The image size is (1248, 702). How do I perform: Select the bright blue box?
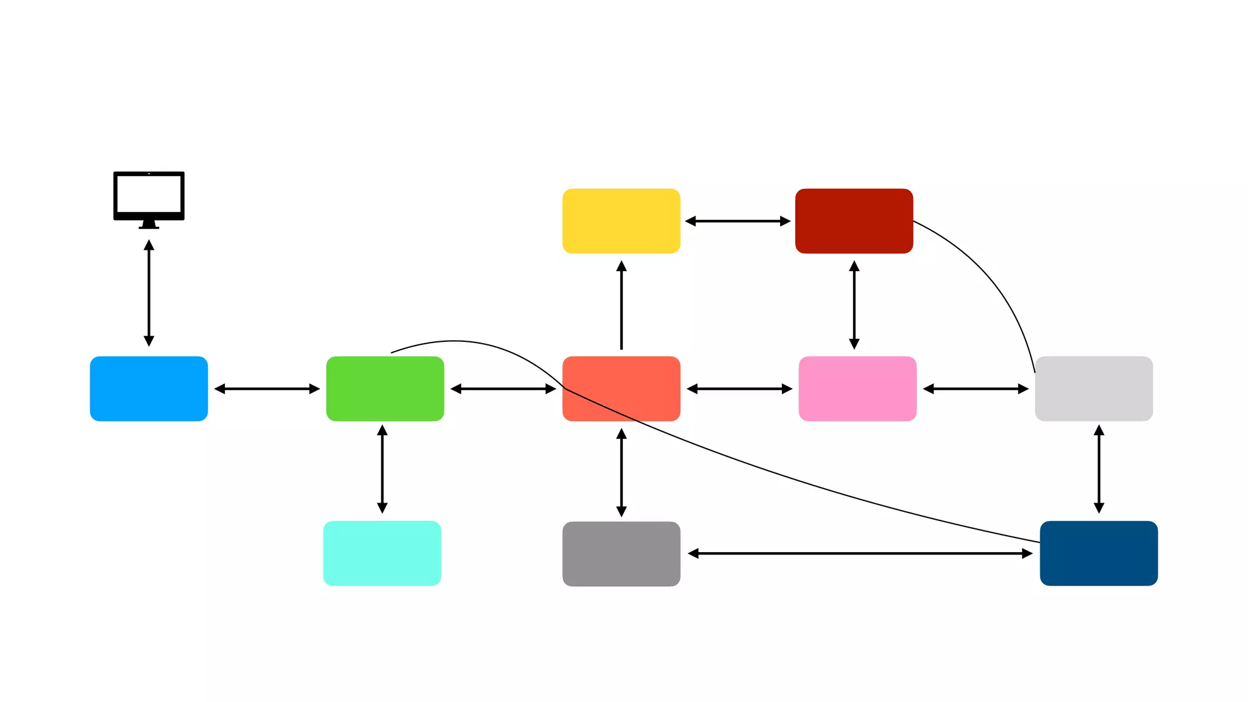click(149, 389)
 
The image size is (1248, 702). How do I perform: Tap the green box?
click(385, 389)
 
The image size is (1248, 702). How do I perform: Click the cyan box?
click(382, 553)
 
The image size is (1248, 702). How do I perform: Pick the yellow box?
click(621, 221)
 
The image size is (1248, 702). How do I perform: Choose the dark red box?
click(854, 221)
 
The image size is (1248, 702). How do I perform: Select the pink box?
click(857, 389)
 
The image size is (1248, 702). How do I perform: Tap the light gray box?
click(1094, 389)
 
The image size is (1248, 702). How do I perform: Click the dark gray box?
click(621, 554)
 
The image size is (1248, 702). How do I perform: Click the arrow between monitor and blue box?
click(149, 292)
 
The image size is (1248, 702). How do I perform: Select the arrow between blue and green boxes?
click(267, 389)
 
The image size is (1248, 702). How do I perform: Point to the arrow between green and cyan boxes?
click(382, 469)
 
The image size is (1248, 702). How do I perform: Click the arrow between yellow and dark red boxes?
click(737, 221)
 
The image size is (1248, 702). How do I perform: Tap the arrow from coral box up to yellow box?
click(621, 305)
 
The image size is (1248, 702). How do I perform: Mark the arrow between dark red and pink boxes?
click(854, 305)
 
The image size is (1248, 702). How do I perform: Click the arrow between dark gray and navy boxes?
click(860, 553)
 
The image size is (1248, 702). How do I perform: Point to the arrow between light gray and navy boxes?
click(1099, 469)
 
